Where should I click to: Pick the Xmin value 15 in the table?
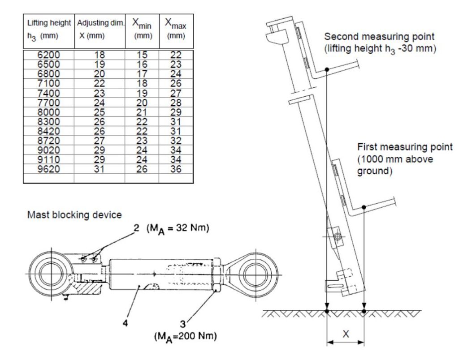click(142, 55)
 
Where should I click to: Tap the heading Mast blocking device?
click(74, 215)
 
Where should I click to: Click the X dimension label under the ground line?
click(346, 334)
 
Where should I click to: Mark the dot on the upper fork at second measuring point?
click(327, 69)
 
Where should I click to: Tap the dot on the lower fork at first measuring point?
click(364, 207)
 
